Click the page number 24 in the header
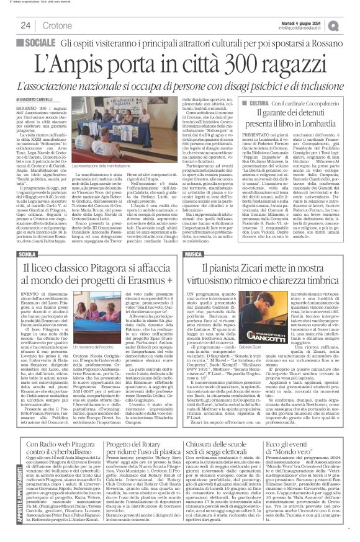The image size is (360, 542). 25,25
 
